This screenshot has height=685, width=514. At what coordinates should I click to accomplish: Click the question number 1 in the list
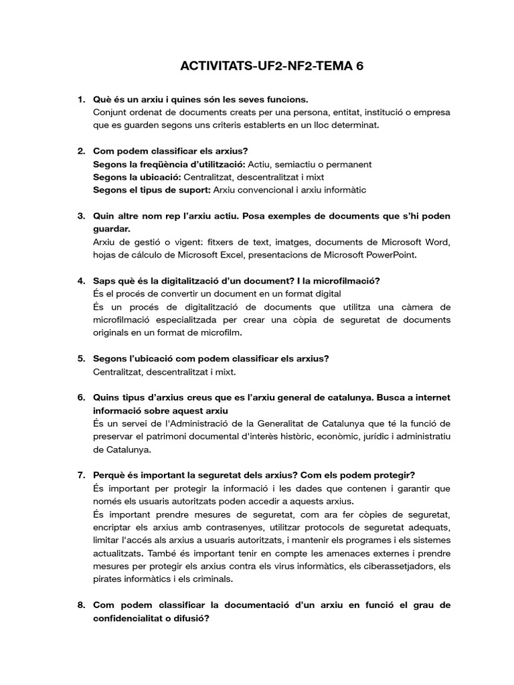[x=81, y=100]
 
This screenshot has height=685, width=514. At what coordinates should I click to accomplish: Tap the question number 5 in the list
[x=81, y=359]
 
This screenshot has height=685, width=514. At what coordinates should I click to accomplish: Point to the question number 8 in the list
[x=81, y=605]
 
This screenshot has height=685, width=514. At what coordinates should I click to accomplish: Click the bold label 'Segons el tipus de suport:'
[x=151, y=190]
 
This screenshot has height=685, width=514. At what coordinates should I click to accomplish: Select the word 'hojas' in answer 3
[x=105, y=254]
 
